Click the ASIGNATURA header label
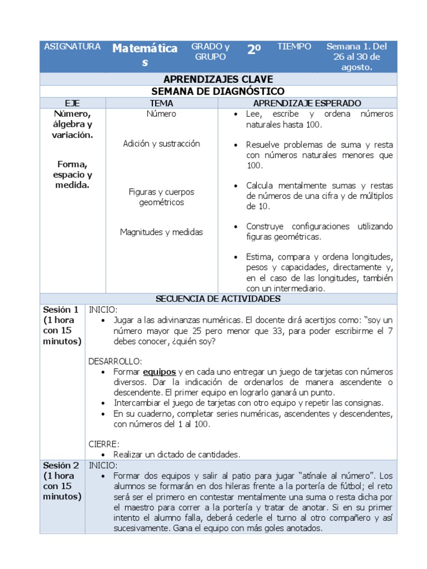(x=72, y=47)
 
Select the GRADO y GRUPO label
(x=210, y=52)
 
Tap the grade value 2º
(x=254, y=49)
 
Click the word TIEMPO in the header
(x=294, y=47)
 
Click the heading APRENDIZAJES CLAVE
(x=218, y=79)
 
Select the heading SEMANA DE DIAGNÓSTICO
(x=218, y=91)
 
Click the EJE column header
(x=72, y=103)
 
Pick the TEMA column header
(x=161, y=103)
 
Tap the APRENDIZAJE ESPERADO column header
(x=307, y=103)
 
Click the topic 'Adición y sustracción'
(x=161, y=144)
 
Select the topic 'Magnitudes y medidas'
(x=161, y=232)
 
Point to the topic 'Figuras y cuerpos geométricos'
(x=161, y=197)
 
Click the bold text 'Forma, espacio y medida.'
(x=72, y=174)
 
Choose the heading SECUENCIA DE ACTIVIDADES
(x=218, y=299)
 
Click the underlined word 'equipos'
(x=159, y=372)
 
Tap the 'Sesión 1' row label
(x=61, y=310)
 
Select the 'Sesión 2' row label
(x=61, y=465)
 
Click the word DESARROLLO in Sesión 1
(x=115, y=361)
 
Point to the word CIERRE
(x=104, y=444)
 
